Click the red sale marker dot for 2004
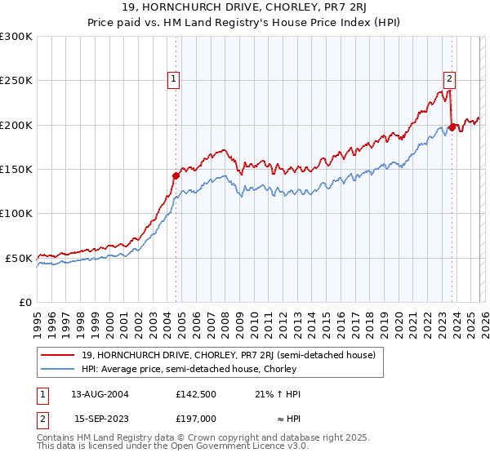tap(176, 175)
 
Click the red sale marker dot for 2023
tap(452, 127)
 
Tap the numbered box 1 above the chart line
tap(175, 79)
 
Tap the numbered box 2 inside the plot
tap(449, 79)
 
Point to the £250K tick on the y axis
tap(17, 81)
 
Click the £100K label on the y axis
tap(17, 213)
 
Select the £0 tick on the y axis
tap(26, 302)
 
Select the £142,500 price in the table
tap(197, 393)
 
